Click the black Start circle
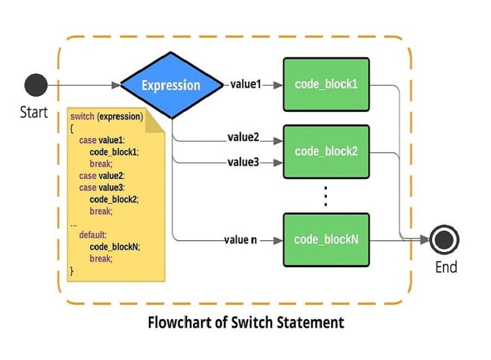[36, 85]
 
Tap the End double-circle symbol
[444, 240]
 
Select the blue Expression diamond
[171, 86]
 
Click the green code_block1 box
[326, 84]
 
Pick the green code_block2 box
[326, 152]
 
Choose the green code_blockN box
[326, 240]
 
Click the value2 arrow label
[243, 137]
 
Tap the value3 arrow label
[243, 162]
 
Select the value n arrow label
[240, 240]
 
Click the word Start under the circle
[34, 113]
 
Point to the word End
[446, 267]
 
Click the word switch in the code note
[82, 116]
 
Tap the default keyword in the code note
[93, 235]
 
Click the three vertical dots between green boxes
[325, 196]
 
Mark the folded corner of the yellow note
[155, 121]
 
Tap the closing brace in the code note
[72, 270]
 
